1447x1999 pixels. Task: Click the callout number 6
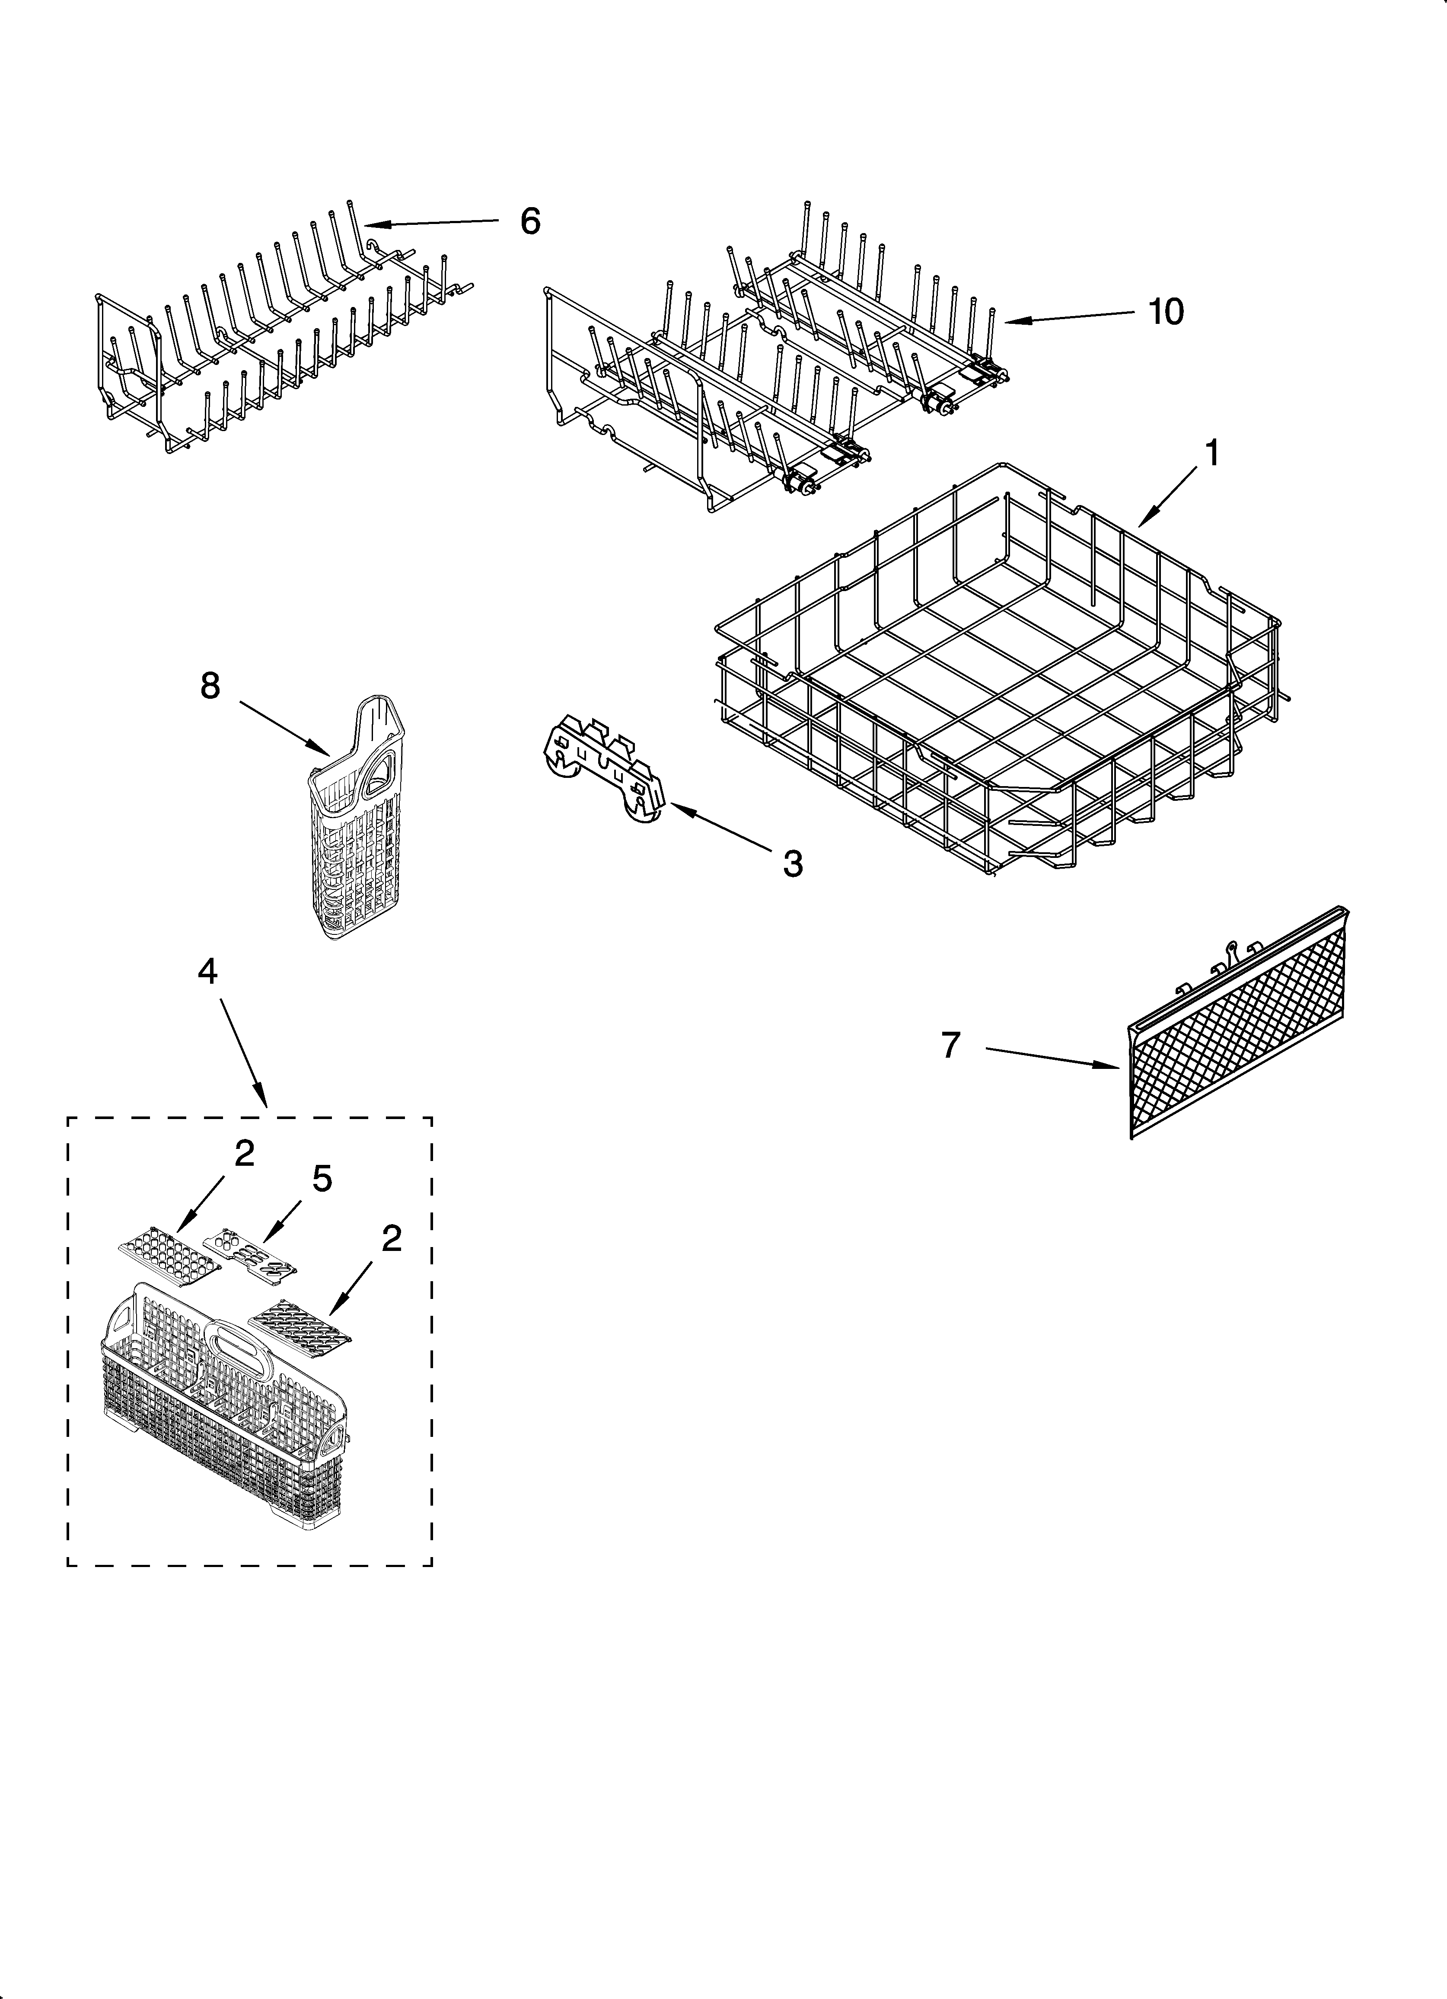[x=529, y=221]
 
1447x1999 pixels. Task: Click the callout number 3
[x=792, y=864]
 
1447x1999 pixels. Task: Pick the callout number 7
[x=950, y=1045]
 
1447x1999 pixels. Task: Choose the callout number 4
[x=207, y=971]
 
